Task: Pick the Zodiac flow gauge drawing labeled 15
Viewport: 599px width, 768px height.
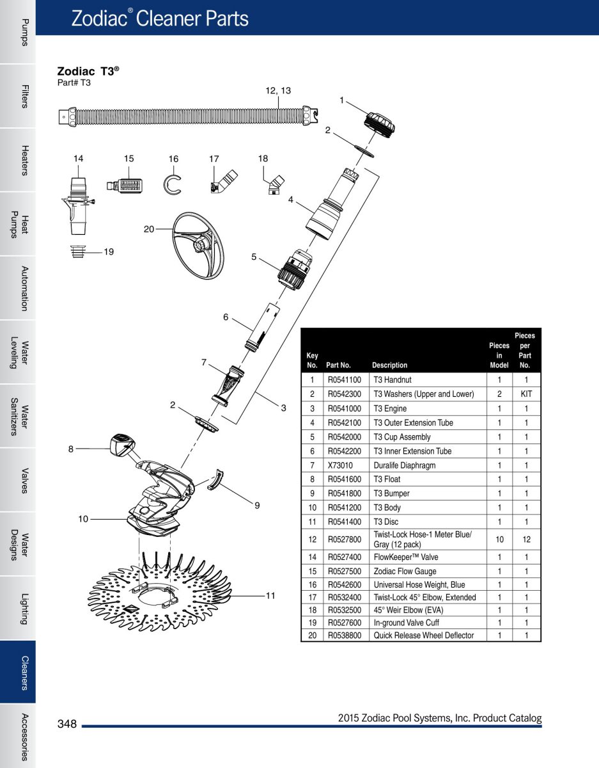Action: pos(127,186)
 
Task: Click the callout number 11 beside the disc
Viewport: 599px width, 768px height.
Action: pos(270,595)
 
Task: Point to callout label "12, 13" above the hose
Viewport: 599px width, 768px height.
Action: pos(278,91)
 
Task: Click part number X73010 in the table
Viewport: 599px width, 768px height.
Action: pos(339,465)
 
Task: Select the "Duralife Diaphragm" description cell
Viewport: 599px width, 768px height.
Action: pos(404,465)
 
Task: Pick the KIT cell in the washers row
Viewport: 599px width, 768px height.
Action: pos(526,394)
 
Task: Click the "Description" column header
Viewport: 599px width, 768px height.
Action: pos(389,365)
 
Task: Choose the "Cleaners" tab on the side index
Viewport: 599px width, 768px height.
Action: pos(18,672)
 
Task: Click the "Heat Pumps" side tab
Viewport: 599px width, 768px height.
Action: pos(18,224)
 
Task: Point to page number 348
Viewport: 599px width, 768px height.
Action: pos(67,724)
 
